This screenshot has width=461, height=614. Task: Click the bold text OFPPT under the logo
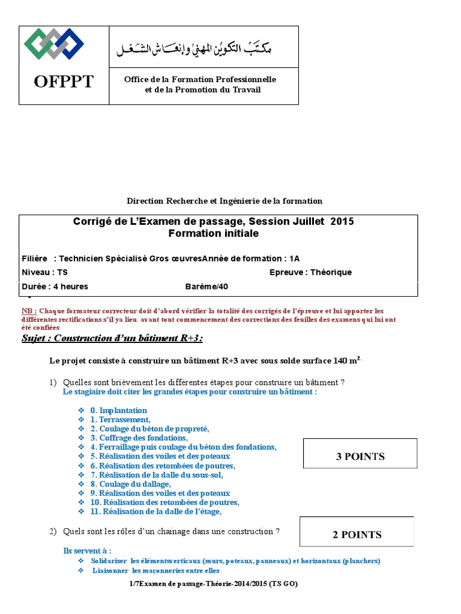click(64, 82)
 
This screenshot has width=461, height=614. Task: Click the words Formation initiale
click(213, 233)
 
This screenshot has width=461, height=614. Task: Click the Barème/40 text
click(206, 287)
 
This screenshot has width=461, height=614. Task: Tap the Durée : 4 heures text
click(55, 287)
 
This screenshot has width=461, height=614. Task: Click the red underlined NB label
click(29, 311)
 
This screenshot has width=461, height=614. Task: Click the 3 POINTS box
click(360, 456)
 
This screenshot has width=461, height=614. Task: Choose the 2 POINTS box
click(357, 534)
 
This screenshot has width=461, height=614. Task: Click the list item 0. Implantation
click(119, 411)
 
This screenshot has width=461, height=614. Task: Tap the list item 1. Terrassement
click(121, 420)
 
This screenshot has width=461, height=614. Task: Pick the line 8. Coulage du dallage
click(131, 484)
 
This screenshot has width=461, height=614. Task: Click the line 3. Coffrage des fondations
click(139, 438)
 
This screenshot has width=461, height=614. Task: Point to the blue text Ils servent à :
click(87, 550)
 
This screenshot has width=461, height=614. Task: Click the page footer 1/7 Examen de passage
click(213, 584)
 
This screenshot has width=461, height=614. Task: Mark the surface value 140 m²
click(343, 361)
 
